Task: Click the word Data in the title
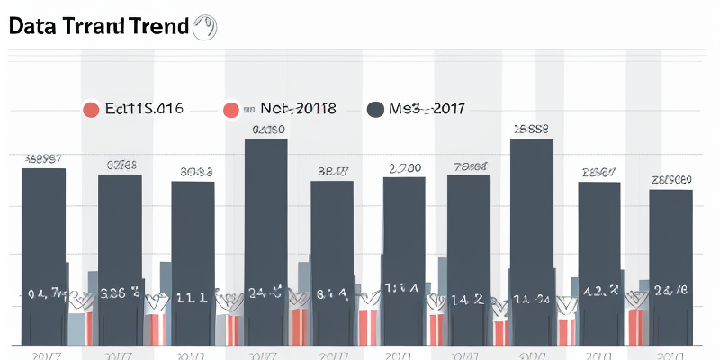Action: pos(34,27)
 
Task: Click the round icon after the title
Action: pos(203,27)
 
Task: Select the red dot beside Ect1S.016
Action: pos(90,111)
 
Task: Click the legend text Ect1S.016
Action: pos(144,109)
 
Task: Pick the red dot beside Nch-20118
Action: pos(231,111)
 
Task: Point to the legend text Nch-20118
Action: pos(298,109)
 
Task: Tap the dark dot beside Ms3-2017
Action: pos(376,111)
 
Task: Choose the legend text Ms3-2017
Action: pos(427,109)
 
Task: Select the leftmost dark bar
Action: pos(43,252)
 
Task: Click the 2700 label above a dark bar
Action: pos(405,167)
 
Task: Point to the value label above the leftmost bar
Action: pos(43,159)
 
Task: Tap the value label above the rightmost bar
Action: pos(671,180)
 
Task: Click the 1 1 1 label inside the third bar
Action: pos(193,296)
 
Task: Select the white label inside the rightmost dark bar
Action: pos(671,290)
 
